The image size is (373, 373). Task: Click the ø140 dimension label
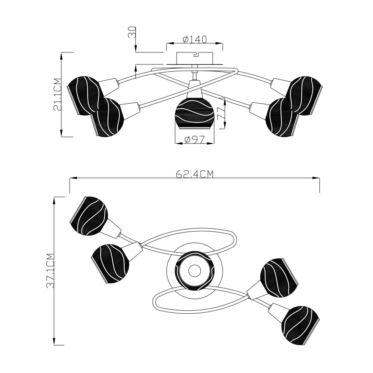(x=195, y=40)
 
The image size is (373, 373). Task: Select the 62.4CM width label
(x=195, y=174)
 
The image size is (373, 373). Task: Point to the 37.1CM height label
(x=50, y=270)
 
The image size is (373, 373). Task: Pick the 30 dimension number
(x=132, y=33)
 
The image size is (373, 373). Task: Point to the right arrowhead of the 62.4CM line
(x=317, y=178)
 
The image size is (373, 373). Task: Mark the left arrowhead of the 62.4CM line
(x=72, y=178)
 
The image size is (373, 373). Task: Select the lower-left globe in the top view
(x=110, y=262)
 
